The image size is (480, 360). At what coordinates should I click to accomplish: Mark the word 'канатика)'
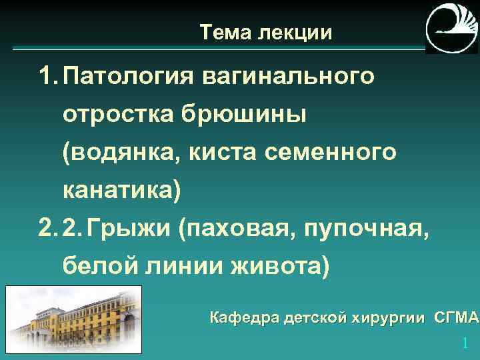[x=121, y=191]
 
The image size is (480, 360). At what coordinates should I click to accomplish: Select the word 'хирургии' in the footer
[x=393, y=317]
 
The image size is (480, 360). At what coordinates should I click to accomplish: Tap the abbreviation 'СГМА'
[x=457, y=317]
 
